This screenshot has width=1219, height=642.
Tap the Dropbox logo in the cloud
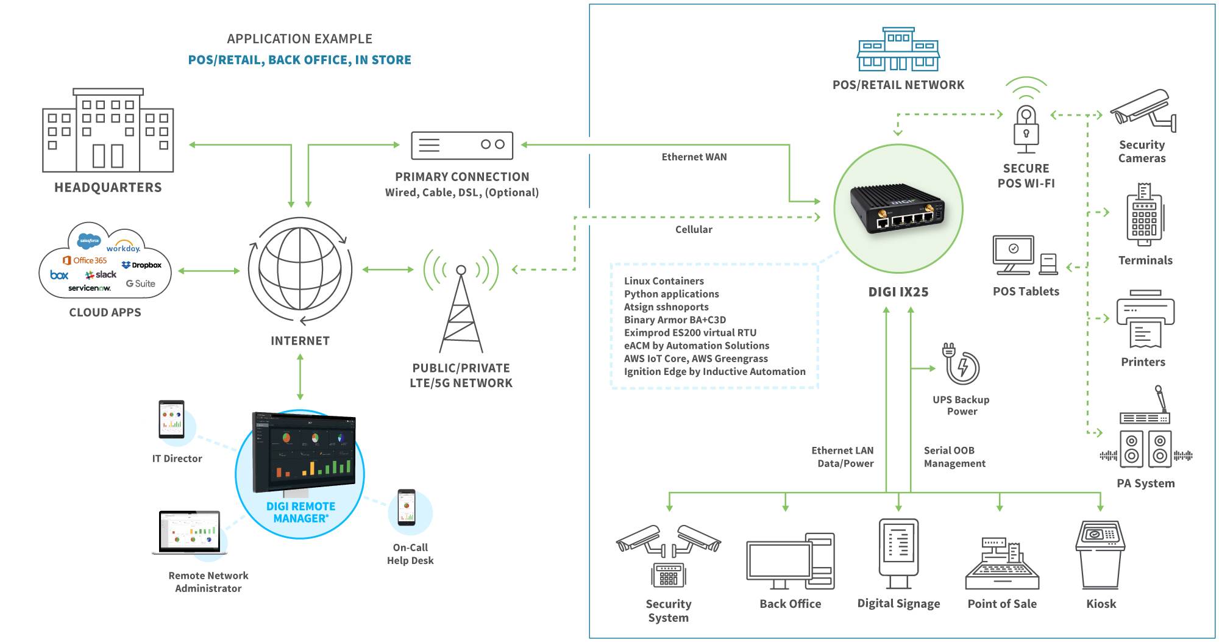(x=141, y=265)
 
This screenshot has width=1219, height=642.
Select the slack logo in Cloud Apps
(x=101, y=275)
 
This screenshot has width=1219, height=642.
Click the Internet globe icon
(x=300, y=269)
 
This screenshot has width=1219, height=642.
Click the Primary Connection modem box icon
(x=461, y=145)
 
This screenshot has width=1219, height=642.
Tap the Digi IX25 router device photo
(x=898, y=210)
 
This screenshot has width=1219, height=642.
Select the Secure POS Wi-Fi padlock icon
(x=1026, y=129)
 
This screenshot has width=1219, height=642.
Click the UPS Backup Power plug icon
(x=961, y=363)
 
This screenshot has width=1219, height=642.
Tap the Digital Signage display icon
(x=898, y=552)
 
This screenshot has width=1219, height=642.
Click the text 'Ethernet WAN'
(x=694, y=157)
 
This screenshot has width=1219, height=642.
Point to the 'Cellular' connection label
(x=693, y=229)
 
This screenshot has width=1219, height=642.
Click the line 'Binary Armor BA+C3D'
(x=674, y=319)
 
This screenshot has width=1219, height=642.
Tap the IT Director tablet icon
(x=171, y=419)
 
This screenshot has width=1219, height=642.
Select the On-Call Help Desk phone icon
(x=407, y=507)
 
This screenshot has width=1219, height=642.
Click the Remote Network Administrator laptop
(x=189, y=532)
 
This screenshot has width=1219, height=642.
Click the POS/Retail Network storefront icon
(x=898, y=49)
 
